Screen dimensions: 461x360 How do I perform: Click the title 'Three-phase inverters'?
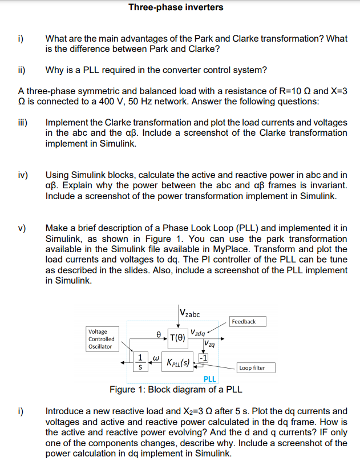[176, 7]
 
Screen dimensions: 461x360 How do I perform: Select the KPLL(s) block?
[179, 362]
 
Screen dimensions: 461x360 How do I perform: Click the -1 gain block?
[203, 358]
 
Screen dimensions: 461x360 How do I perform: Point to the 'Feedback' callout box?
[244, 322]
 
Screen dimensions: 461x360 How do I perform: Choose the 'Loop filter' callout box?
[252, 368]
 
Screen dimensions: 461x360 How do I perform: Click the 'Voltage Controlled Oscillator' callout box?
[102, 339]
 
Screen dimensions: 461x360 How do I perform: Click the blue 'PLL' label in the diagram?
[210, 379]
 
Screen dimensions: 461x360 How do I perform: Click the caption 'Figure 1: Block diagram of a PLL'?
[176, 390]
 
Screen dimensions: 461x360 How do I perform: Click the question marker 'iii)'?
[25, 122]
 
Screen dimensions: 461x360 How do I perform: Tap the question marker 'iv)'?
[25, 176]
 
